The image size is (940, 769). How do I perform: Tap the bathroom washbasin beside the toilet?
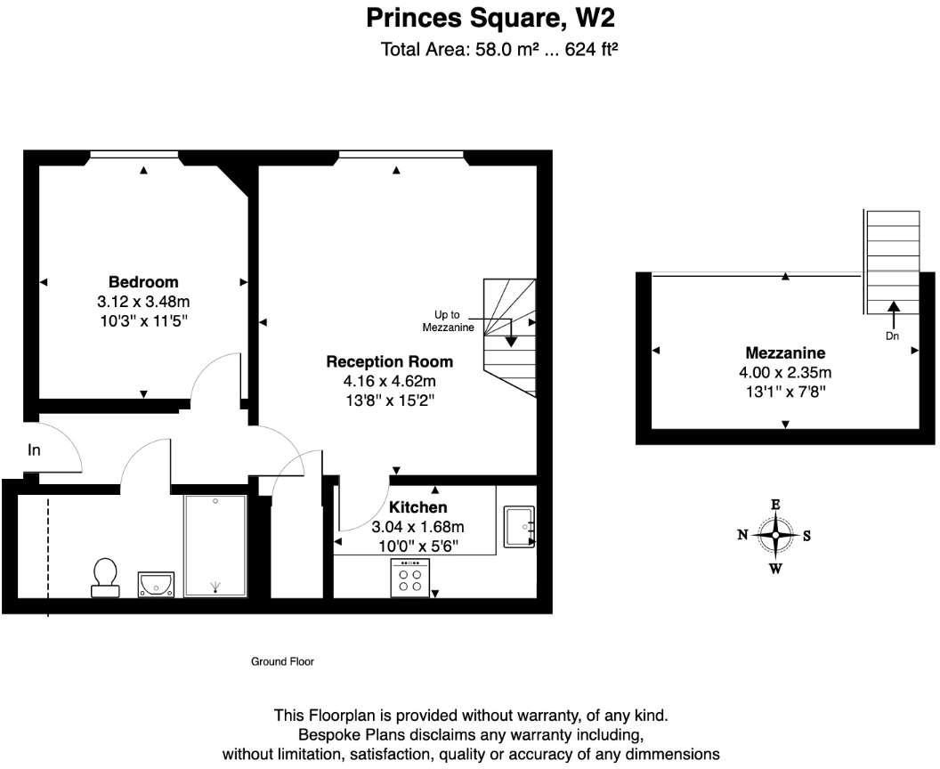click(157, 583)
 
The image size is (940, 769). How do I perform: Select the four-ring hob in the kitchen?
click(410, 579)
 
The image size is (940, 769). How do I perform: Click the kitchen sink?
click(518, 525)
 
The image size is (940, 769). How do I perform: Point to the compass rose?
click(775, 536)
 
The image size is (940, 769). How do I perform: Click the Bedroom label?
click(143, 282)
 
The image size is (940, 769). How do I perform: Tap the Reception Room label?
click(389, 361)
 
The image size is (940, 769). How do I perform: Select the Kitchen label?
click(417, 507)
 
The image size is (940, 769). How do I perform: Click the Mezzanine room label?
click(786, 352)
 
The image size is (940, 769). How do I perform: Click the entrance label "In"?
click(34, 450)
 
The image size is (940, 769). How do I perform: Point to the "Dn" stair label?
click(893, 336)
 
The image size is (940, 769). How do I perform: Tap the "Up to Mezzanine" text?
click(448, 321)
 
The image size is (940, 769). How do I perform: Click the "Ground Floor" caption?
click(282, 661)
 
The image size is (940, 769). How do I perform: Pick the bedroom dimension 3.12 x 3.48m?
click(143, 302)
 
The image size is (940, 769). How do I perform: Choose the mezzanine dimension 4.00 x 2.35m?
click(786, 372)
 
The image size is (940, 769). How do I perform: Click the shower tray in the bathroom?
click(215, 546)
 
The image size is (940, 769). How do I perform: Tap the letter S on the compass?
click(806, 536)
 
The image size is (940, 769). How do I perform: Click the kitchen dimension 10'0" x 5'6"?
click(417, 545)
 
